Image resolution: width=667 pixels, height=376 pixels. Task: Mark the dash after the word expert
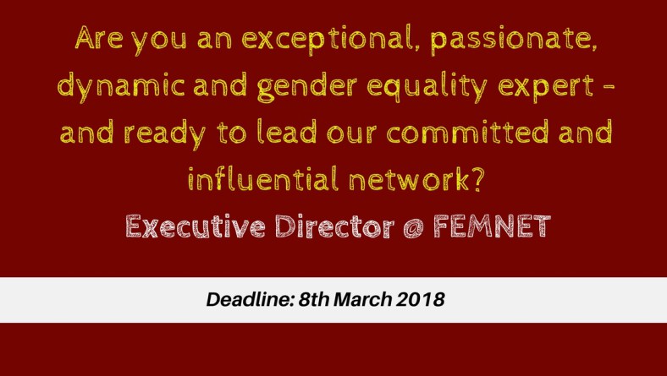point(609,87)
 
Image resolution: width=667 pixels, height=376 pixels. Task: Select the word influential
point(263,178)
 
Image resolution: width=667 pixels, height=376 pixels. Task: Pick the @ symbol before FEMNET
point(413,227)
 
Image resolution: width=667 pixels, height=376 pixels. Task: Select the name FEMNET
point(492,226)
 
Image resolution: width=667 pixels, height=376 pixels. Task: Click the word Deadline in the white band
point(251,299)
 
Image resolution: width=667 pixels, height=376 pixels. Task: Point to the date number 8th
point(313,299)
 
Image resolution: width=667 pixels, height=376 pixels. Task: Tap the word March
point(363,299)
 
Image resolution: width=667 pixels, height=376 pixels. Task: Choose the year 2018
point(421,299)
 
